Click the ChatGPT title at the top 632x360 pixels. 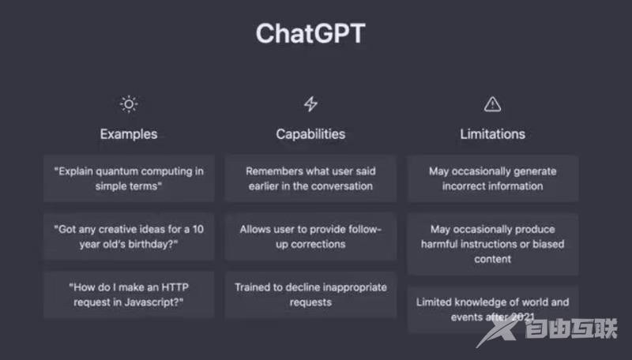[310, 34]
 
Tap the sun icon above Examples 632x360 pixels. [128, 103]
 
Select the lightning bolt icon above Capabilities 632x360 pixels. [310, 103]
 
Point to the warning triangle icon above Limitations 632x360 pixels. [492, 103]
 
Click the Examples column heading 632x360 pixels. [128, 134]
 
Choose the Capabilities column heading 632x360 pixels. [310, 134]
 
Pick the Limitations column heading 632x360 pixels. [492, 134]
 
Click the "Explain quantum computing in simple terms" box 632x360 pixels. [128, 178]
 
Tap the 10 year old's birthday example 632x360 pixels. [128, 236]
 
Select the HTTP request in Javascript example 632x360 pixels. [128, 294]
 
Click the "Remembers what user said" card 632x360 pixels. [310, 178]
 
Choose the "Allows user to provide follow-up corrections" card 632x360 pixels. [310, 236]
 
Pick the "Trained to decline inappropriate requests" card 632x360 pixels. [310, 294]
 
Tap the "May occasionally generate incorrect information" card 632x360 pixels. [492, 178]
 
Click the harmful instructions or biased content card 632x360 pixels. [492, 244]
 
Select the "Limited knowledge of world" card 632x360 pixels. [492, 309]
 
